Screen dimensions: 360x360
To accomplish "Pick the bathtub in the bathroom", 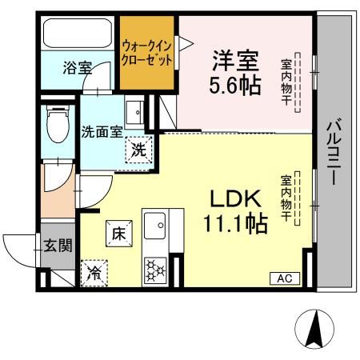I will (78, 34).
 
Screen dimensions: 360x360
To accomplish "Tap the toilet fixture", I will (57, 124).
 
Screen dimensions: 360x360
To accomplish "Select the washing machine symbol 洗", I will (138, 149).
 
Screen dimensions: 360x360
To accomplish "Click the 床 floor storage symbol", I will (117, 234).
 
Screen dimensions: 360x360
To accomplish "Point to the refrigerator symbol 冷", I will (94, 271).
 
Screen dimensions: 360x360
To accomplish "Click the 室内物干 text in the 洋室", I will (286, 79).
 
